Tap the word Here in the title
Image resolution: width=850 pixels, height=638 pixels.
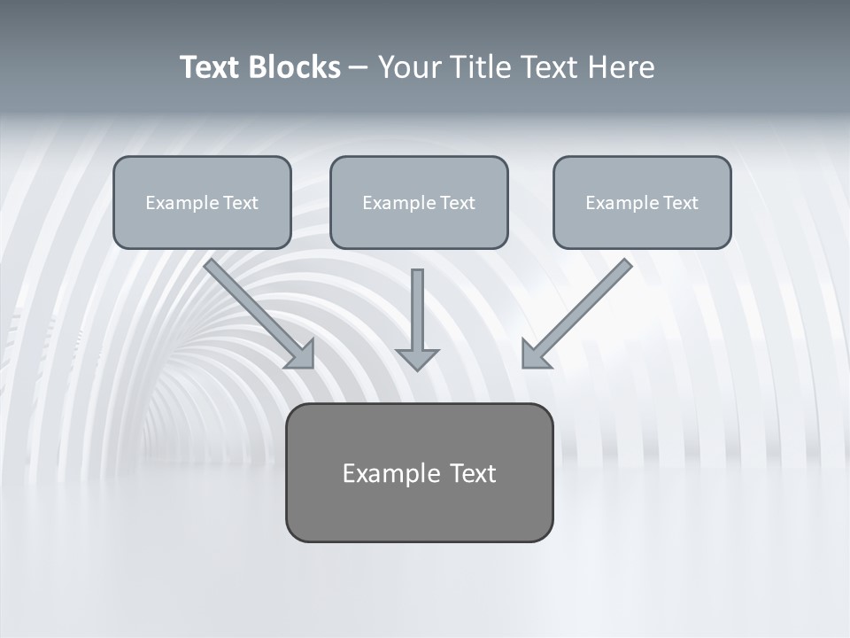(x=619, y=67)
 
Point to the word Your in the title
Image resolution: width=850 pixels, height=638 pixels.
(x=410, y=67)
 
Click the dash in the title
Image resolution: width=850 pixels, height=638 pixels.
(x=359, y=67)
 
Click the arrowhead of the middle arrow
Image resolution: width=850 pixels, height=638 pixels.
(x=417, y=359)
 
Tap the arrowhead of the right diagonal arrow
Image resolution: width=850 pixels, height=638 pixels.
(x=533, y=356)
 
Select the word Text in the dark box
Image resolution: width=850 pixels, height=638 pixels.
(x=472, y=473)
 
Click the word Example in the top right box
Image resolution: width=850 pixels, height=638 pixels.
(x=620, y=203)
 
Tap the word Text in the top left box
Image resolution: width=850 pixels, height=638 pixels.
(x=241, y=203)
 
